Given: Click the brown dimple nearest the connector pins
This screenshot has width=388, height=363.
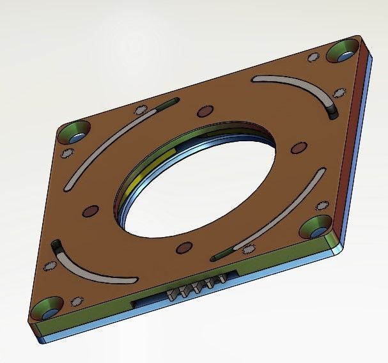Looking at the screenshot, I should click(x=183, y=247).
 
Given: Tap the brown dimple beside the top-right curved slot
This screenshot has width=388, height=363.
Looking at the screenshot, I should click(x=298, y=147).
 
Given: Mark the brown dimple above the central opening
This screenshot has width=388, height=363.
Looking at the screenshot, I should click(x=204, y=110).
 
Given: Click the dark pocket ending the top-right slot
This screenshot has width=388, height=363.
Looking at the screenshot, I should click(x=334, y=112).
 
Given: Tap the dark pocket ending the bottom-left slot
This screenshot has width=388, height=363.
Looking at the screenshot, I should click(x=56, y=247).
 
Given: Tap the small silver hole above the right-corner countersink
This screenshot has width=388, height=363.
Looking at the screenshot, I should click(x=316, y=206).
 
